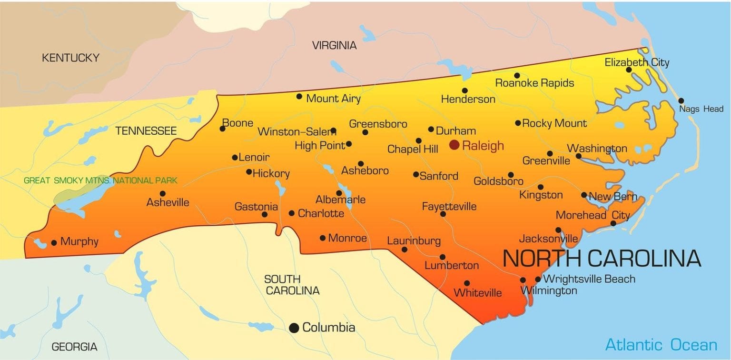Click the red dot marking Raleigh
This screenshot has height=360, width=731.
point(454,145)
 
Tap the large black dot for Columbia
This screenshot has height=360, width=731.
point(294,328)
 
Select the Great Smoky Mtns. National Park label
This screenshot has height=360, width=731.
point(100,180)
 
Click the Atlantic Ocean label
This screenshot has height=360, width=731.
point(661,344)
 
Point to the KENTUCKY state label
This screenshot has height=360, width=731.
point(70,58)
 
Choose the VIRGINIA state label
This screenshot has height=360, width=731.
point(334,46)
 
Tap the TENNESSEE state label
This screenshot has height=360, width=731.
point(146,131)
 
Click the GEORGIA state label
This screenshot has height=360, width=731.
point(74,347)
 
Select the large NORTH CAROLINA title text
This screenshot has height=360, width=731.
point(602,258)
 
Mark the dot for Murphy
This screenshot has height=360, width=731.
point(54,242)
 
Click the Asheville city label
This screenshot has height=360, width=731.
point(168,202)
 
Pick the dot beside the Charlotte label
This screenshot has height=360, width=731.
point(292,213)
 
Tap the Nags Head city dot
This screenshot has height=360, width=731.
point(681,100)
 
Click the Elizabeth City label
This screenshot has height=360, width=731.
point(637,62)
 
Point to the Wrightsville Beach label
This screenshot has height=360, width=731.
point(589,279)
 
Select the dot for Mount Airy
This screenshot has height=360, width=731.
point(299,96)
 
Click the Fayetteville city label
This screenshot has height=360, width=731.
point(449,207)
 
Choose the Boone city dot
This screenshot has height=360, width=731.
point(222,129)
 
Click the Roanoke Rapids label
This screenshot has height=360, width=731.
point(534,83)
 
